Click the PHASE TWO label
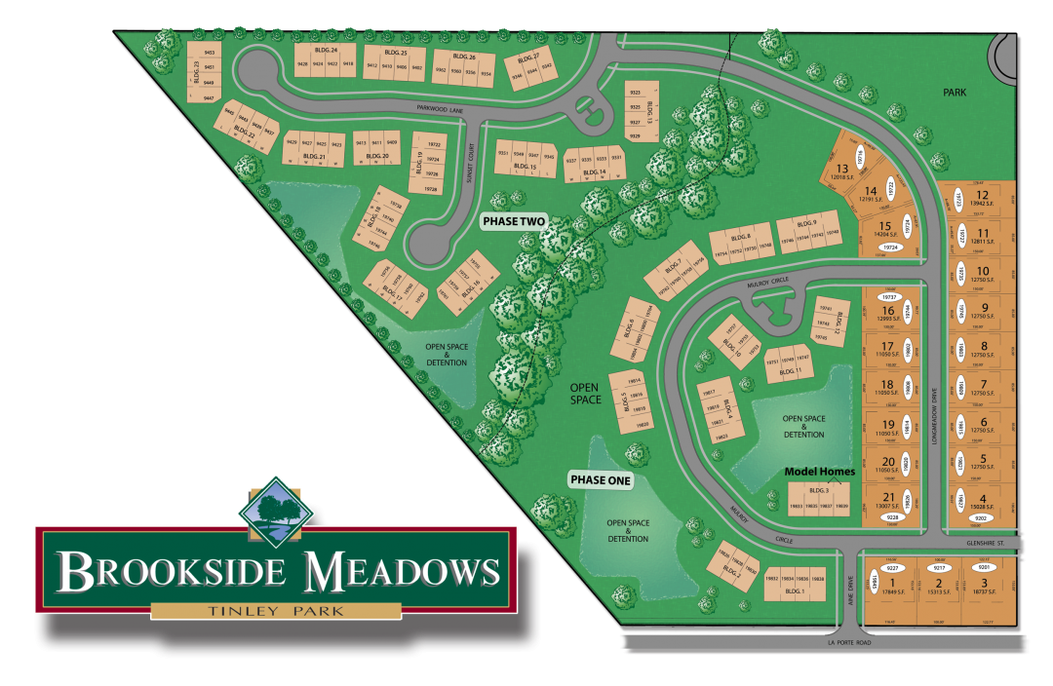tap(515, 222)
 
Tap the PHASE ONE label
tap(601, 480)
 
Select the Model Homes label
tap(820, 472)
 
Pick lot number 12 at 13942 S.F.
tap(982, 200)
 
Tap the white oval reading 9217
tap(939, 566)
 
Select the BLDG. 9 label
tap(805, 223)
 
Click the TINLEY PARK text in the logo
tap(277, 611)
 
